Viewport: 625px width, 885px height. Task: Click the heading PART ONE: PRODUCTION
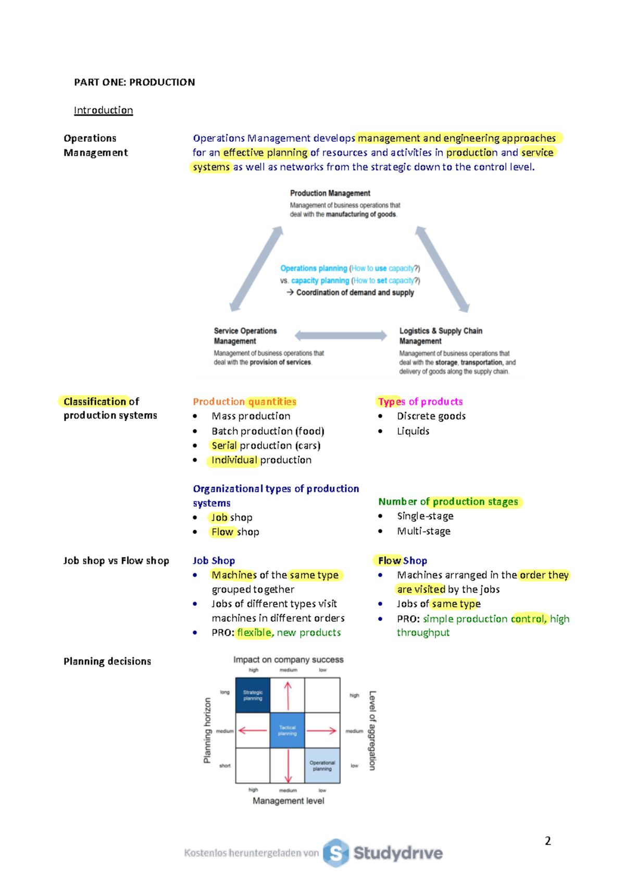click(x=134, y=82)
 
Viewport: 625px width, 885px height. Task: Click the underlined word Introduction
click(x=103, y=110)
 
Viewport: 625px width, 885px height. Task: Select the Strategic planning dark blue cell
click(x=253, y=695)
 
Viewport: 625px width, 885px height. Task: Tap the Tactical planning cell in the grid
click(x=287, y=731)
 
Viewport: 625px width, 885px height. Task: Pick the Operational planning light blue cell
click(x=322, y=766)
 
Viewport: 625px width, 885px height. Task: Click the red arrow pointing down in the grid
click(x=287, y=765)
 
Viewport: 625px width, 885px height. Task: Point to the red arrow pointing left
click(x=253, y=731)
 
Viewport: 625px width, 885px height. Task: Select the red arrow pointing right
click(x=322, y=731)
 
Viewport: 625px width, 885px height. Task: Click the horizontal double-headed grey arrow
click(x=341, y=336)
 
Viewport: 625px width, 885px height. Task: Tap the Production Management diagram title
click(x=330, y=193)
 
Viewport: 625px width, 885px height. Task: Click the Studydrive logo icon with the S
click(x=336, y=853)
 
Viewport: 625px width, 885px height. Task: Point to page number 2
click(x=548, y=841)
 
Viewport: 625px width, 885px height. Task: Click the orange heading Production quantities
click(x=244, y=402)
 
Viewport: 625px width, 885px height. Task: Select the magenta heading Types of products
click(x=420, y=402)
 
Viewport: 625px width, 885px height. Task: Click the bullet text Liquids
click(x=413, y=432)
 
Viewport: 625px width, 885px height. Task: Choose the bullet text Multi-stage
click(x=423, y=531)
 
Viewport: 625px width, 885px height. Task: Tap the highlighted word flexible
click(x=254, y=633)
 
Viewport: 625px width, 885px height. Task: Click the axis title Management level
click(x=288, y=801)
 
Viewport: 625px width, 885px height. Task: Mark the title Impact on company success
click(x=288, y=660)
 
